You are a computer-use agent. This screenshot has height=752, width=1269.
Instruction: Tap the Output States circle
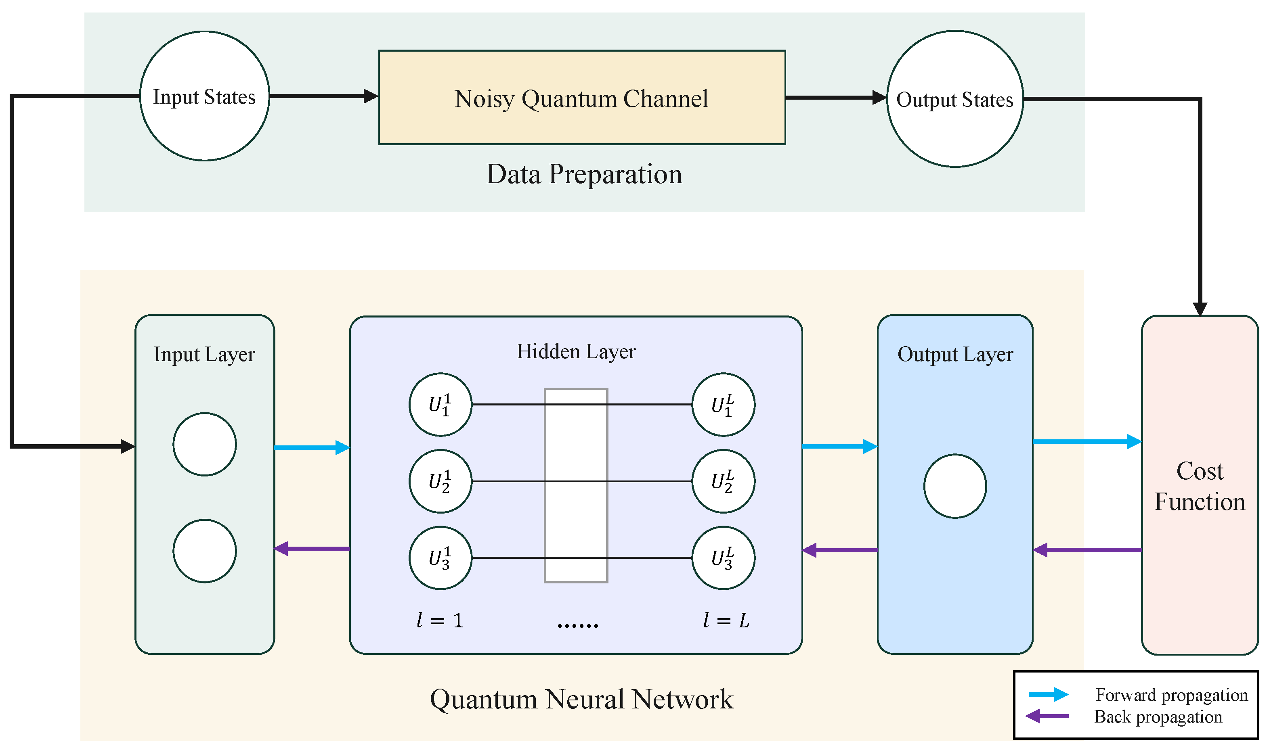pos(954,99)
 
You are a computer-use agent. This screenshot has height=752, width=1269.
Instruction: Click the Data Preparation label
pos(584,174)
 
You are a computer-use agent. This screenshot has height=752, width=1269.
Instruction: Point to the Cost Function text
pos(1200,487)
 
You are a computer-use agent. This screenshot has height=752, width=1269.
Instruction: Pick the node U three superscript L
pos(723,558)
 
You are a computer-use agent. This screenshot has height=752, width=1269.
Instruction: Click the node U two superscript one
pos(440,481)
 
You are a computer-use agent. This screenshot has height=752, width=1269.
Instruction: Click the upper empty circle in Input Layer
pos(204,445)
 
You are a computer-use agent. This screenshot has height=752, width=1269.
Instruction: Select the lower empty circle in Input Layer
pos(204,551)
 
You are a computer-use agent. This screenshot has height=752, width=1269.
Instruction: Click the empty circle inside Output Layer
pos(954,487)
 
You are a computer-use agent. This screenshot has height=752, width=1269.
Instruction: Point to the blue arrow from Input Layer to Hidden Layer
pos(311,448)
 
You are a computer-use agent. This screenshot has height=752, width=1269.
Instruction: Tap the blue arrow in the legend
pos(1048,694)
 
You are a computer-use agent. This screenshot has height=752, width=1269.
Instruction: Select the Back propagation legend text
pos(1158,717)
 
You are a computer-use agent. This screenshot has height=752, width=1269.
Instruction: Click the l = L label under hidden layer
pos(726,620)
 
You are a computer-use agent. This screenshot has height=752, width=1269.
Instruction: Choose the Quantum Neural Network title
pos(581,699)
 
